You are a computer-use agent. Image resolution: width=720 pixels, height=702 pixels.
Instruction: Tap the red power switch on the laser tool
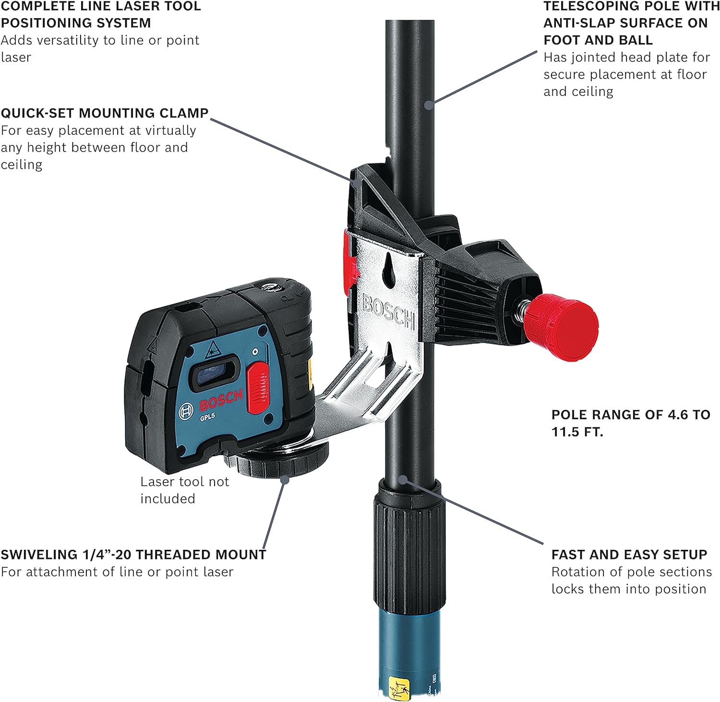coord(258,387)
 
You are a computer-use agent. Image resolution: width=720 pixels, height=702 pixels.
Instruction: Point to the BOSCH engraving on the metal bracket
coord(388,311)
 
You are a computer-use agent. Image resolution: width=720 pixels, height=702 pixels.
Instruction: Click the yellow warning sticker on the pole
coord(399,687)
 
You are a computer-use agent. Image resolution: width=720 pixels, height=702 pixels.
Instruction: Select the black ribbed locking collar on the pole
coord(409,545)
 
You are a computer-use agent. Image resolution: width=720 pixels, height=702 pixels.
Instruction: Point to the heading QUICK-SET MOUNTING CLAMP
coord(105,113)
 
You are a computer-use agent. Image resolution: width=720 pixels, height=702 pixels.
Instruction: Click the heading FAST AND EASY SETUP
coord(629,555)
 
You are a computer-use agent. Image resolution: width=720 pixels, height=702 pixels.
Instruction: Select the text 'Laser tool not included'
coord(185,490)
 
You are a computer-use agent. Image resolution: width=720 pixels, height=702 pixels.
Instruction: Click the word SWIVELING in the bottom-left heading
coord(39,555)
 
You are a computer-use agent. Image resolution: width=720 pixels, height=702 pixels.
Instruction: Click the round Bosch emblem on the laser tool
coord(186,412)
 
